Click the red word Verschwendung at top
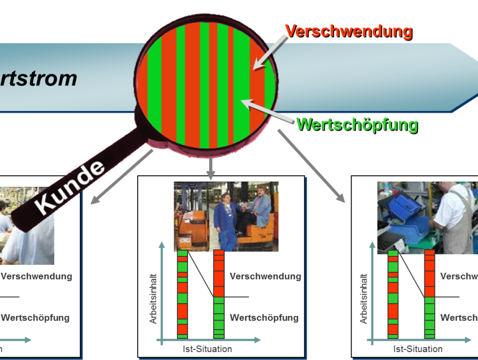[348, 30]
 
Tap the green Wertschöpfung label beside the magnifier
[357, 124]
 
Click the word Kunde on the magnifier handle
[72, 187]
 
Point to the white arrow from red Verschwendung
[270, 53]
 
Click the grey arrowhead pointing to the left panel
[96, 200]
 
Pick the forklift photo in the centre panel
[226, 216]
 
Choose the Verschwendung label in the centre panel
[265, 277]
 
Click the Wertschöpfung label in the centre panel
[264, 318]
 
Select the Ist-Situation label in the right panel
[417, 349]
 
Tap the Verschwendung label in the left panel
[36, 277]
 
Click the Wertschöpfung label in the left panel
[35, 318]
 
